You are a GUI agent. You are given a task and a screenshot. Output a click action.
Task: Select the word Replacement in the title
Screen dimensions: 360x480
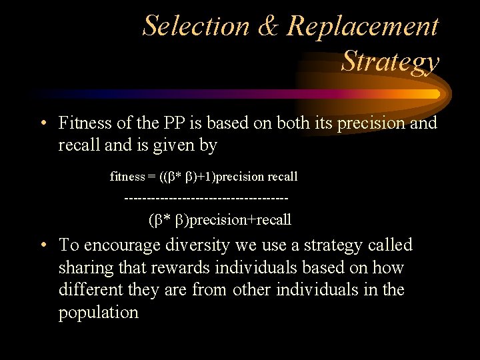pyautogui.click(x=363, y=27)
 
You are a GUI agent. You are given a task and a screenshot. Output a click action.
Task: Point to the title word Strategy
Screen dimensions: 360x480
pyautogui.click(x=390, y=61)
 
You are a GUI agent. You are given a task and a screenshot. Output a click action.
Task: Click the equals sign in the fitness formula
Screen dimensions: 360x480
pyautogui.click(x=153, y=177)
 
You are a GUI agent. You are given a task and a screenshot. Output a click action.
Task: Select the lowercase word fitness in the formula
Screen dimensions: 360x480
pyautogui.click(x=127, y=177)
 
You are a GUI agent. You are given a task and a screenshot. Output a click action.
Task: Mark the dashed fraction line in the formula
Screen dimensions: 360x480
pyautogui.click(x=207, y=198)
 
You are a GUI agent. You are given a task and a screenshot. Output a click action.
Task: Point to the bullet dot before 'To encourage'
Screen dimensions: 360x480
pyautogui.click(x=42, y=245)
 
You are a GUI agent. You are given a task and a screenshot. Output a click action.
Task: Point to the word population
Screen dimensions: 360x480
pyautogui.click(x=99, y=313)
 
